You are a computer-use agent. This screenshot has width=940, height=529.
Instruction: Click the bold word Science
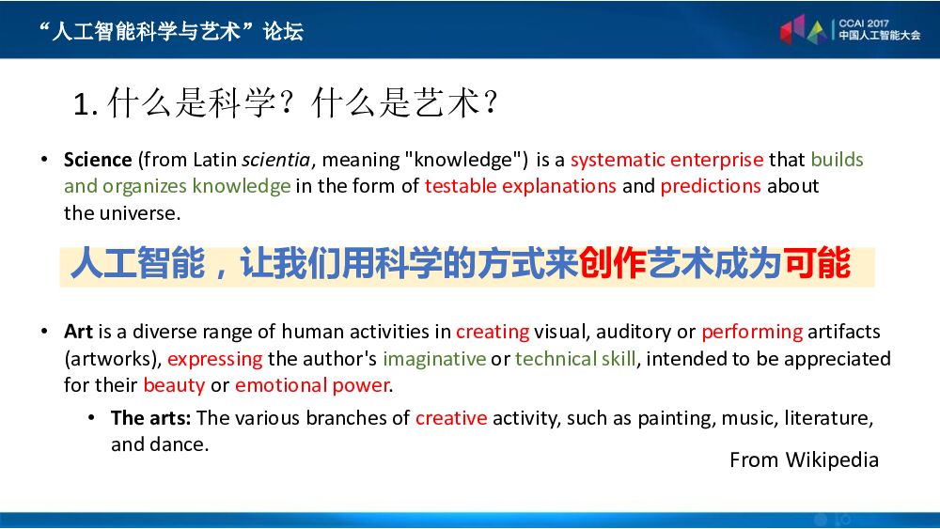(x=99, y=160)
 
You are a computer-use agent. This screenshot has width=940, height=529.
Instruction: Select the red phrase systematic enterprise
(x=667, y=160)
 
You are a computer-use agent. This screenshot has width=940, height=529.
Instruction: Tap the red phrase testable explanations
(x=520, y=186)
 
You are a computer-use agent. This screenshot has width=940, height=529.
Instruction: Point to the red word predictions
(x=710, y=186)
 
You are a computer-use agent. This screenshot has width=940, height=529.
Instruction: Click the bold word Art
(x=78, y=332)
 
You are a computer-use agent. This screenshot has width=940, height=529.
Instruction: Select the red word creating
(x=493, y=332)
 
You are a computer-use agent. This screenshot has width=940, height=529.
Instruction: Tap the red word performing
(x=752, y=332)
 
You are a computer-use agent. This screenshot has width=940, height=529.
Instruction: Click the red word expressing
(x=214, y=359)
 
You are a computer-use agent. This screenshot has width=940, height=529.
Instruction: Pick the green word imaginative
(x=434, y=359)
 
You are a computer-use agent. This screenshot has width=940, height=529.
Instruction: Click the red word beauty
(x=174, y=385)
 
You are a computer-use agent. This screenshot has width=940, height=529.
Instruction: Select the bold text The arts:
(x=150, y=418)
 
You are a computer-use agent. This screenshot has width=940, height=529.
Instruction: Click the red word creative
(x=451, y=418)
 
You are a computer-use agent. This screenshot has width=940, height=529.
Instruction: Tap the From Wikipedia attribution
(x=804, y=459)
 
